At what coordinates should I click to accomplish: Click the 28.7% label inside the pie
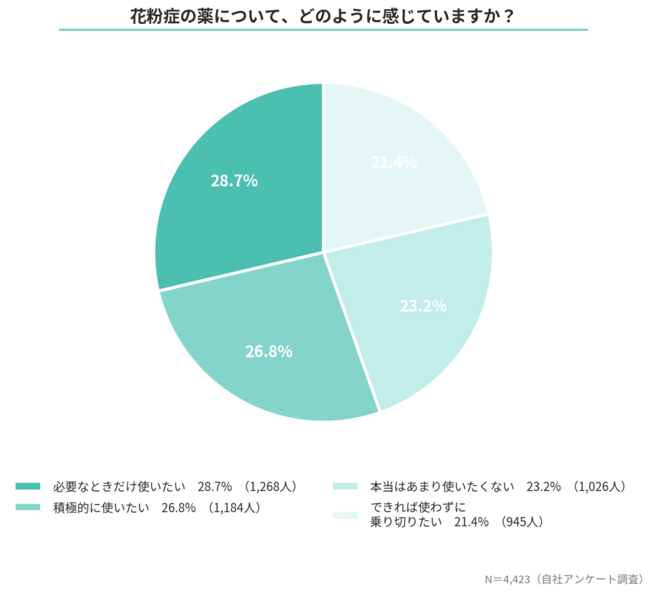point(234,181)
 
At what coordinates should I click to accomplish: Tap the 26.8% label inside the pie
point(269,352)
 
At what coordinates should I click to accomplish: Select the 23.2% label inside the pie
point(423,306)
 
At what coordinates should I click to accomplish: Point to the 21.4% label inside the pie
point(394,163)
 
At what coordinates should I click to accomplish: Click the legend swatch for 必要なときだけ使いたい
point(28,486)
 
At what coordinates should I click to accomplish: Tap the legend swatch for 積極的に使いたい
point(28,507)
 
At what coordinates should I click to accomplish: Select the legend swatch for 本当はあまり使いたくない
point(345,486)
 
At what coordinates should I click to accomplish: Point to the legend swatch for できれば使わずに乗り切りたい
point(345,514)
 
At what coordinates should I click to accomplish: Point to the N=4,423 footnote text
point(507,579)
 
